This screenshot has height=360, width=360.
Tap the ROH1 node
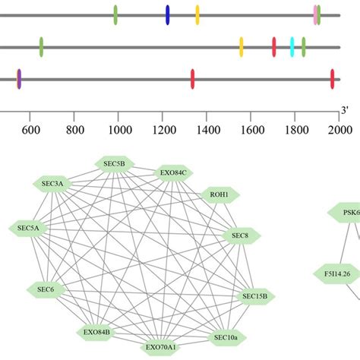(x=219, y=195)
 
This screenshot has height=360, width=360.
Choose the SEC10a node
(x=226, y=336)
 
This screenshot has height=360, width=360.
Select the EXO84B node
(x=96, y=332)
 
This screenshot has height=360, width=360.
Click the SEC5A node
(x=28, y=227)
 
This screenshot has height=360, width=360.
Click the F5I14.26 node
(x=336, y=272)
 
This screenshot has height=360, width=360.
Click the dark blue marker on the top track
(x=168, y=14)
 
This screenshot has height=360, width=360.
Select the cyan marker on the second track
(x=292, y=47)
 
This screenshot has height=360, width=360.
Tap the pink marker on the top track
(x=315, y=14)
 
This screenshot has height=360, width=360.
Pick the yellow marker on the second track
(x=242, y=47)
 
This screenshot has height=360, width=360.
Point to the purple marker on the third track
(x=19, y=78)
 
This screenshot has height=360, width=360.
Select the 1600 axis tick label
(x=251, y=130)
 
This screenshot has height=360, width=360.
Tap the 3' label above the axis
(x=344, y=111)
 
